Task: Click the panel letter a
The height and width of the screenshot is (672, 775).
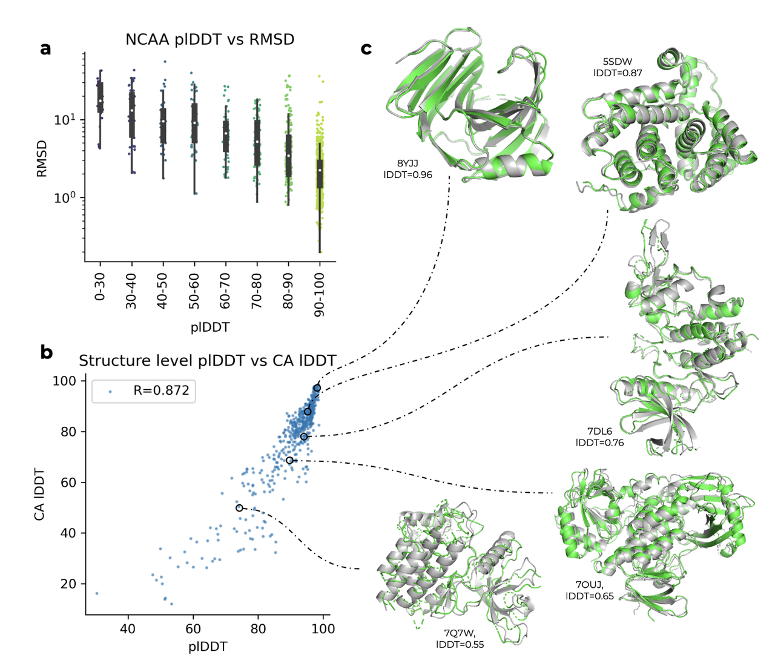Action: pos(45,48)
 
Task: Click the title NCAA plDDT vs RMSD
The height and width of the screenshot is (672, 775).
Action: pos(209,40)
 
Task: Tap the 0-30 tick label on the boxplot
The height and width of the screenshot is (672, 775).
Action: pos(100,286)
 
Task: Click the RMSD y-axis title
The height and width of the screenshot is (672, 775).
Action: pos(42,159)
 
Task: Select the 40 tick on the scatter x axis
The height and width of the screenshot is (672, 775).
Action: pos(128,628)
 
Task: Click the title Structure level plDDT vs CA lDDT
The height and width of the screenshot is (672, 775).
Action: pos(207,361)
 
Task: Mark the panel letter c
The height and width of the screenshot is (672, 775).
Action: pos(366,48)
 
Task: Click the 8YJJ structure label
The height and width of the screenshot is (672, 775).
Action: pos(407,163)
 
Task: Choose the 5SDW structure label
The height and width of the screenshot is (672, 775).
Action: pos(618,62)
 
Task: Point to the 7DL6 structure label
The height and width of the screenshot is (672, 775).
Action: pos(599,432)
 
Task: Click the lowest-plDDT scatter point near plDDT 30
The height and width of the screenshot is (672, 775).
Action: pos(97,593)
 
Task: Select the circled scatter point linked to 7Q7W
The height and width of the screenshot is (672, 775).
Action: pos(239,508)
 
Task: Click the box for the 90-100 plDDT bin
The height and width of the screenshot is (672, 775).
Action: pos(320,174)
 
